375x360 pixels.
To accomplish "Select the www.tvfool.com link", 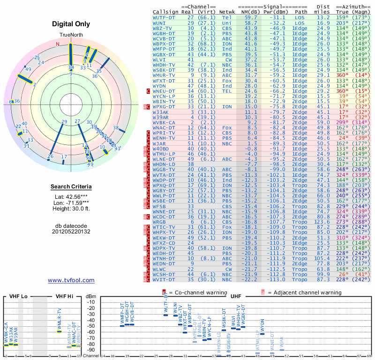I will click(71, 280).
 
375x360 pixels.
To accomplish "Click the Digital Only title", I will click(71, 24).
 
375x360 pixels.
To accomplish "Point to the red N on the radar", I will click(58, 45).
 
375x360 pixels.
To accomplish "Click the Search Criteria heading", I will click(71, 187).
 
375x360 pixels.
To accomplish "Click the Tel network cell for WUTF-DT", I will click(226, 17).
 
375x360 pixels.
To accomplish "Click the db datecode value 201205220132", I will click(71, 231).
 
